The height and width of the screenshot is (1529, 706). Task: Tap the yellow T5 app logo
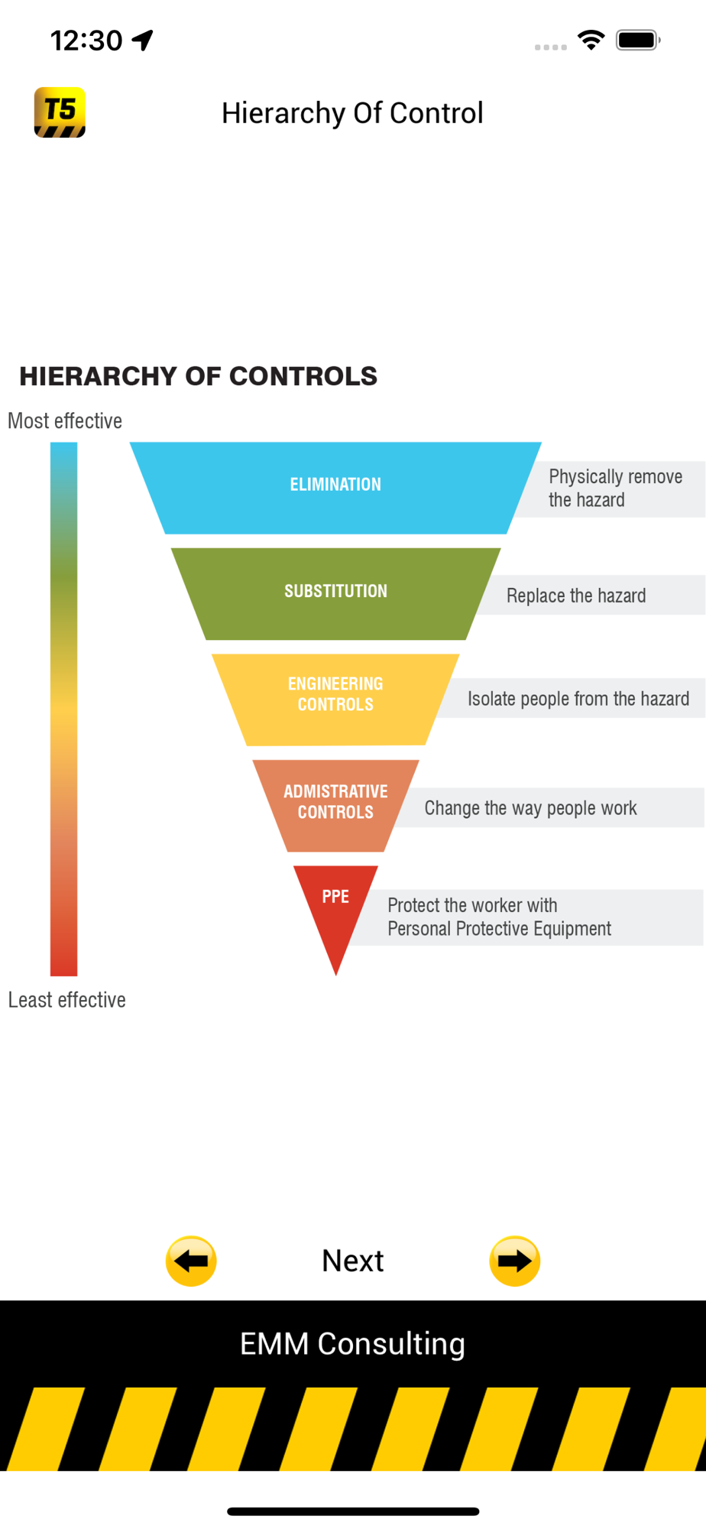point(60,112)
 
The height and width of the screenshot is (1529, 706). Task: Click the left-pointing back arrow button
point(191,1261)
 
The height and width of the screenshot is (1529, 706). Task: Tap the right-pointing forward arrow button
point(514,1261)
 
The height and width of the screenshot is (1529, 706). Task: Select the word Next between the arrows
point(352,1261)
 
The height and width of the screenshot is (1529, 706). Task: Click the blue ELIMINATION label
point(335,485)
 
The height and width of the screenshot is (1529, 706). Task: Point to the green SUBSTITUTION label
point(335,591)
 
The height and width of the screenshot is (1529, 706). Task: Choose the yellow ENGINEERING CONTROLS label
point(335,694)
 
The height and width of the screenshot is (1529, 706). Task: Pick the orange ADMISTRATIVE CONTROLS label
point(335,801)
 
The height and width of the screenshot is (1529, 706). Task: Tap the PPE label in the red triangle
point(335,897)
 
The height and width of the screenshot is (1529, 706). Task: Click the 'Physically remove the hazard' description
point(614,488)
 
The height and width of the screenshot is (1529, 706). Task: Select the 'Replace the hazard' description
point(576,596)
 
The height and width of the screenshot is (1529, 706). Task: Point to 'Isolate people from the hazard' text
point(578,699)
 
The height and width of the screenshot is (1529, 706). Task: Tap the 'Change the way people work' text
point(530,808)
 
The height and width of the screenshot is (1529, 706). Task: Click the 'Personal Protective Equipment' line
point(499,929)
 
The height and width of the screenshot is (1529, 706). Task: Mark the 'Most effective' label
point(65,421)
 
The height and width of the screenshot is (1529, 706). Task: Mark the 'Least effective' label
point(66,1000)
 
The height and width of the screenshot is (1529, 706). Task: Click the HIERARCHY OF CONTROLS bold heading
point(198,376)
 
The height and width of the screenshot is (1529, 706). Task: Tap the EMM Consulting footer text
point(352,1344)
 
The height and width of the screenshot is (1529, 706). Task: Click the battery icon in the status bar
point(637,40)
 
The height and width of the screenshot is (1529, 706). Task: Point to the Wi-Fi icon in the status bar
point(591,40)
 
